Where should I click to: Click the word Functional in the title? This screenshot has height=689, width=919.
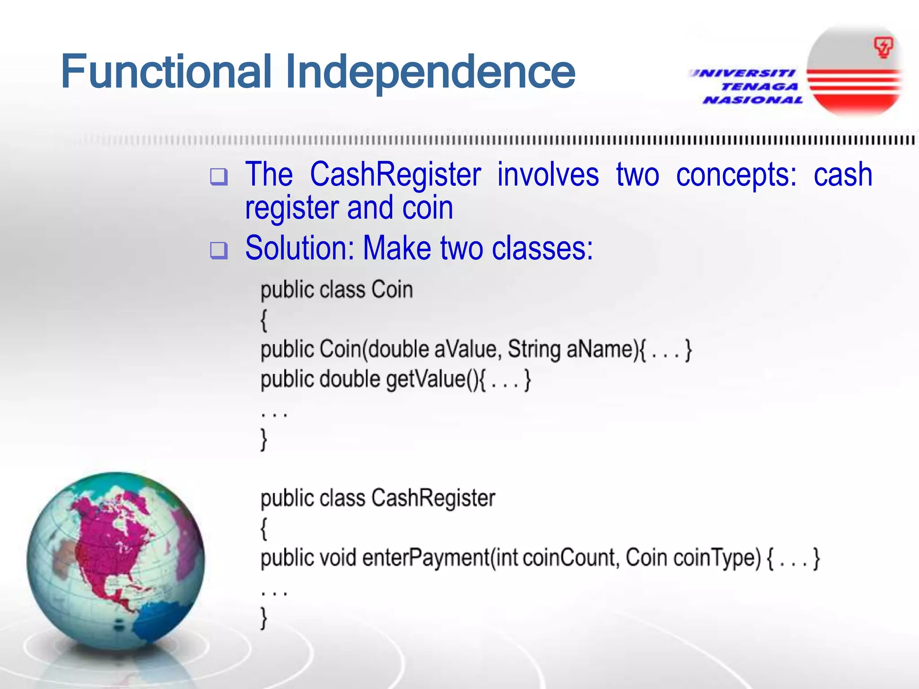click(x=166, y=72)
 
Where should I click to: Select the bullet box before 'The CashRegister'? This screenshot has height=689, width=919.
click(x=219, y=177)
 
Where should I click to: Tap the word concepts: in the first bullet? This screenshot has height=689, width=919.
click(x=736, y=175)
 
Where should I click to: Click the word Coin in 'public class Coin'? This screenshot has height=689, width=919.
click(x=392, y=290)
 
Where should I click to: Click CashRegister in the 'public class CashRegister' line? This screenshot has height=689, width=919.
click(x=433, y=498)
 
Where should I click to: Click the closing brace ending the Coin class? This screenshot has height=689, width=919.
click(x=264, y=439)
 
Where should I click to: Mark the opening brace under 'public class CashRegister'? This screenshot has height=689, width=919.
click(x=264, y=528)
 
